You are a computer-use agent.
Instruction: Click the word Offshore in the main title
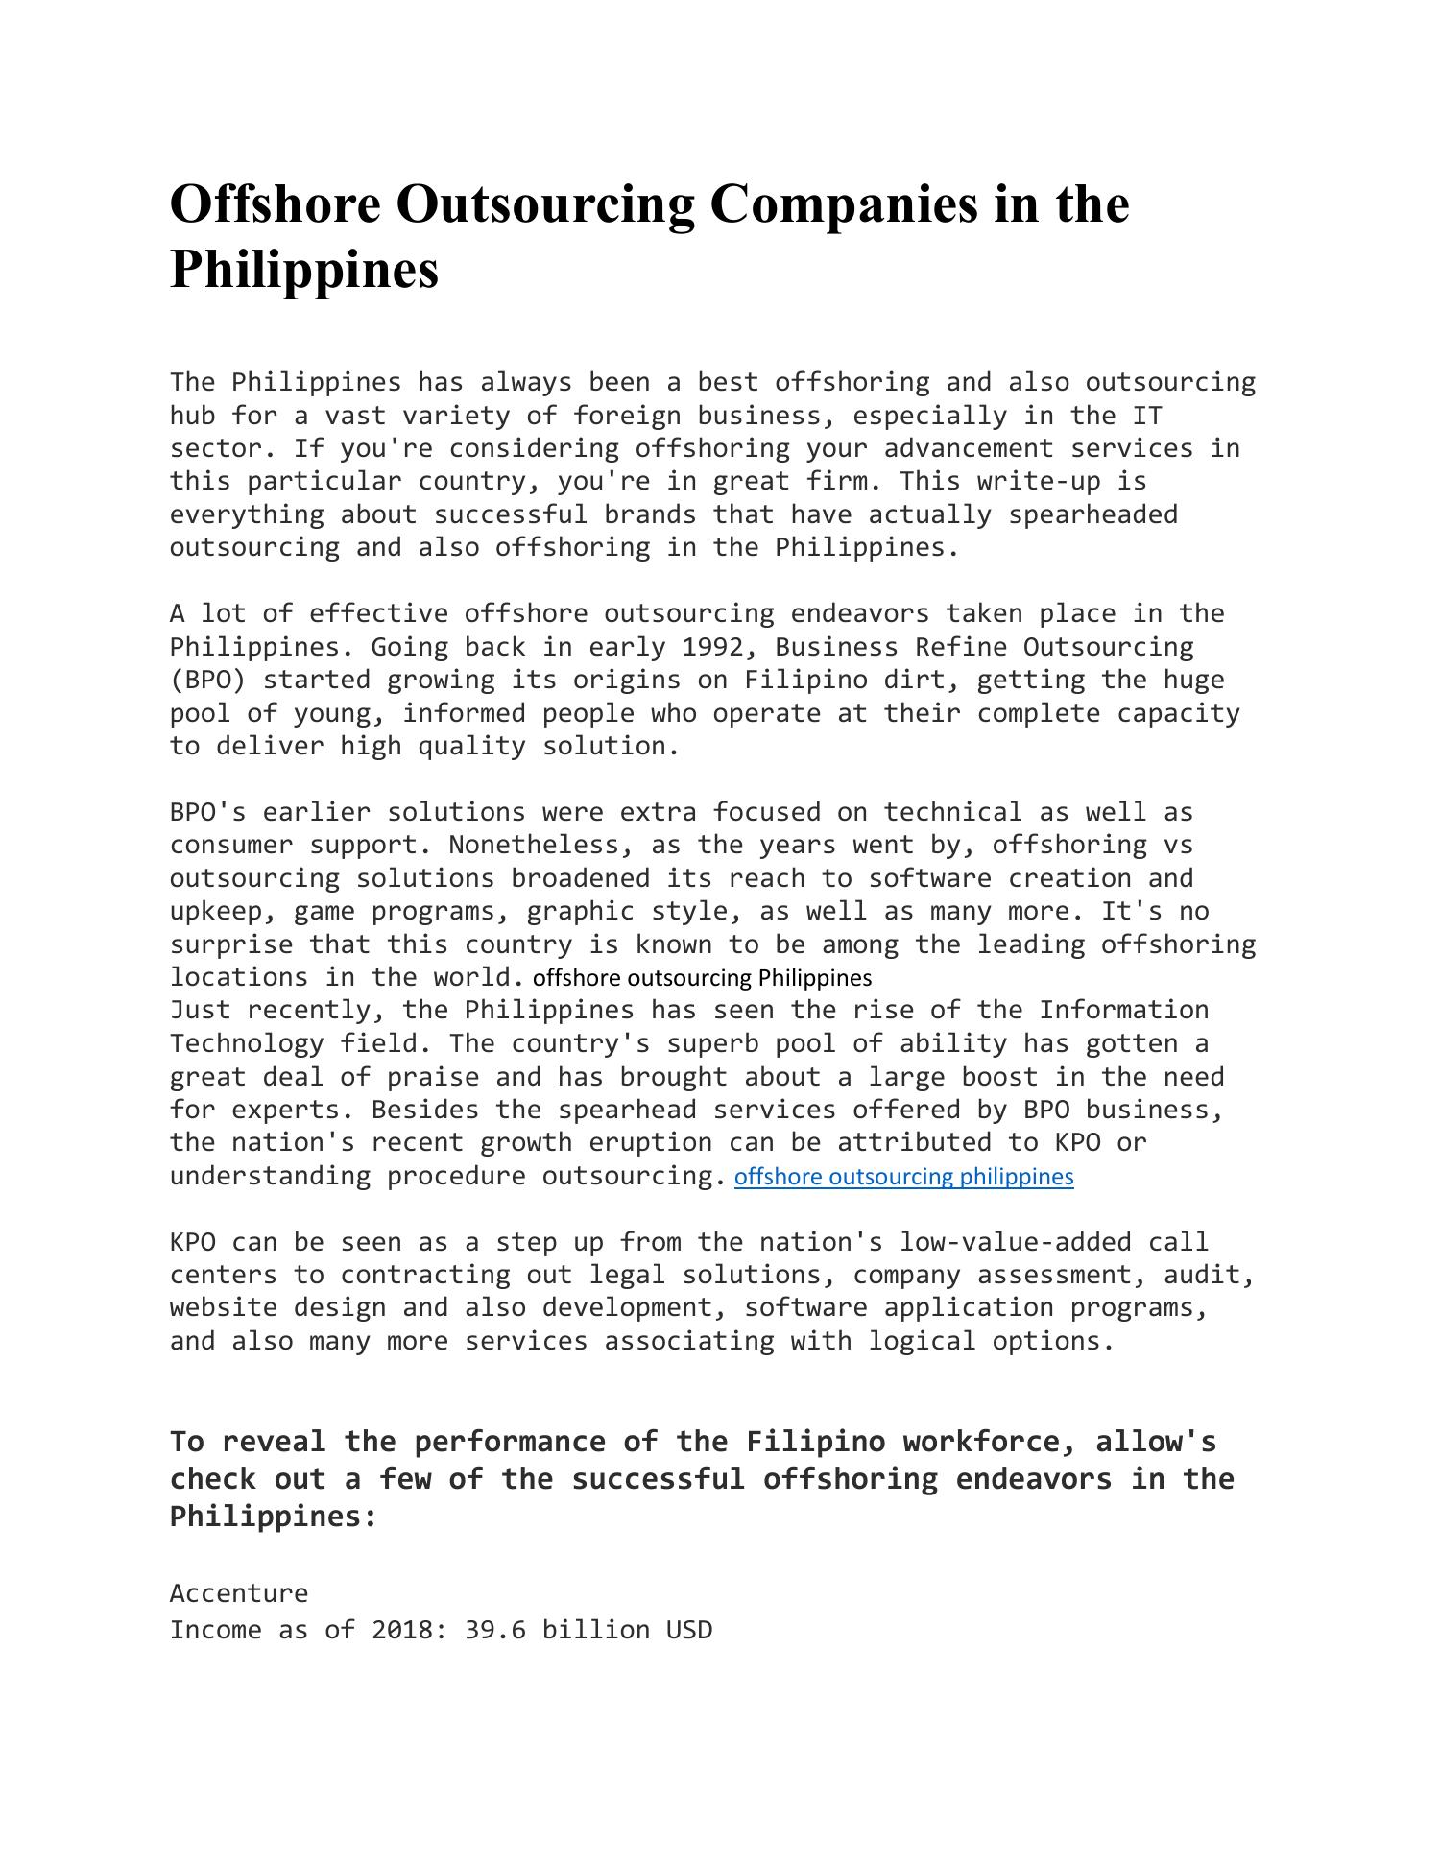(x=275, y=204)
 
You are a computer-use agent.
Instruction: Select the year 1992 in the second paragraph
(x=712, y=647)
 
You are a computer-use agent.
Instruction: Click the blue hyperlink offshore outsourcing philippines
(x=903, y=1177)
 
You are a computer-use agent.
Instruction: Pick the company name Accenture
(x=239, y=1593)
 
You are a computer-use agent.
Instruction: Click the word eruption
(x=650, y=1142)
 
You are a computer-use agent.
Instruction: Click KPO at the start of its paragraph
(x=193, y=1242)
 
